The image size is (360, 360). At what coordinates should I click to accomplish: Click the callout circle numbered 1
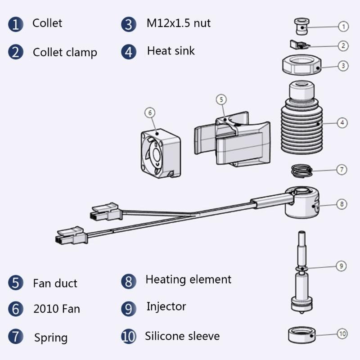[x=343, y=27]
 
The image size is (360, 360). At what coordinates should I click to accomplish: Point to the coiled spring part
[x=301, y=171]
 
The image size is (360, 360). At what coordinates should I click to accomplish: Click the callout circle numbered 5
[x=220, y=99]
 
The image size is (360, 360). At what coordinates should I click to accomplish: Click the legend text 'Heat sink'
[x=171, y=50]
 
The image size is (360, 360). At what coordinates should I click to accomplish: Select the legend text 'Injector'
[x=166, y=306]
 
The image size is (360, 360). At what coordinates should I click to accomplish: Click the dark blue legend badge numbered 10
[x=129, y=336]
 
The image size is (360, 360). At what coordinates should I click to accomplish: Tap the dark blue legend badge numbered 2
[x=15, y=52]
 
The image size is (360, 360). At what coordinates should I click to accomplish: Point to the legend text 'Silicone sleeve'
[x=182, y=336]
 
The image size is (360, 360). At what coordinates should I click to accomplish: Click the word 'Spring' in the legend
[x=51, y=337]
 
